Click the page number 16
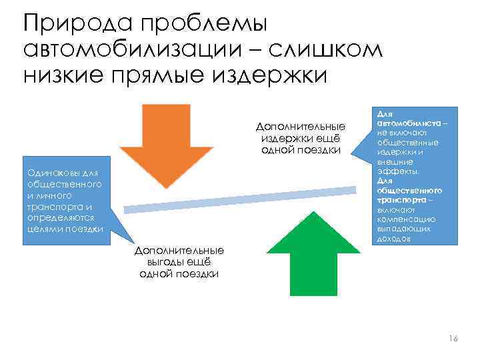tap(453, 339)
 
